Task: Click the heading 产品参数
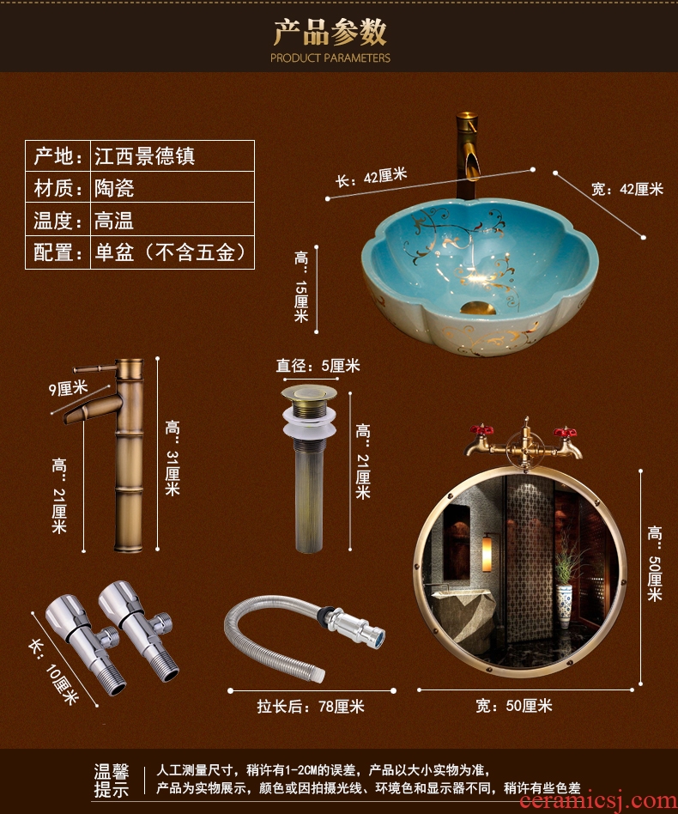pyautogui.click(x=330, y=32)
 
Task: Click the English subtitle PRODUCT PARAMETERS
pyautogui.click(x=330, y=58)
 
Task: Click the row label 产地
pyautogui.click(x=58, y=155)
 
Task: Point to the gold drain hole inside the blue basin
pyautogui.click(x=478, y=308)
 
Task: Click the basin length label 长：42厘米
pyautogui.click(x=371, y=177)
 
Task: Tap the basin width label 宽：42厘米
pyautogui.click(x=627, y=189)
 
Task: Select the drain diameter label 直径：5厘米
pyautogui.click(x=318, y=366)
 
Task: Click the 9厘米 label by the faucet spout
pyautogui.click(x=68, y=388)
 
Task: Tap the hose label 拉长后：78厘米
pyautogui.click(x=310, y=706)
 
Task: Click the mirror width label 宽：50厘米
pyautogui.click(x=513, y=706)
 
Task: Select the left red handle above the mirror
pyautogui.click(x=481, y=430)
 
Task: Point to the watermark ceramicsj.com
pyautogui.click(x=599, y=802)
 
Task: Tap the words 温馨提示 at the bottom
pyautogui.click(x=111, y=781)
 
